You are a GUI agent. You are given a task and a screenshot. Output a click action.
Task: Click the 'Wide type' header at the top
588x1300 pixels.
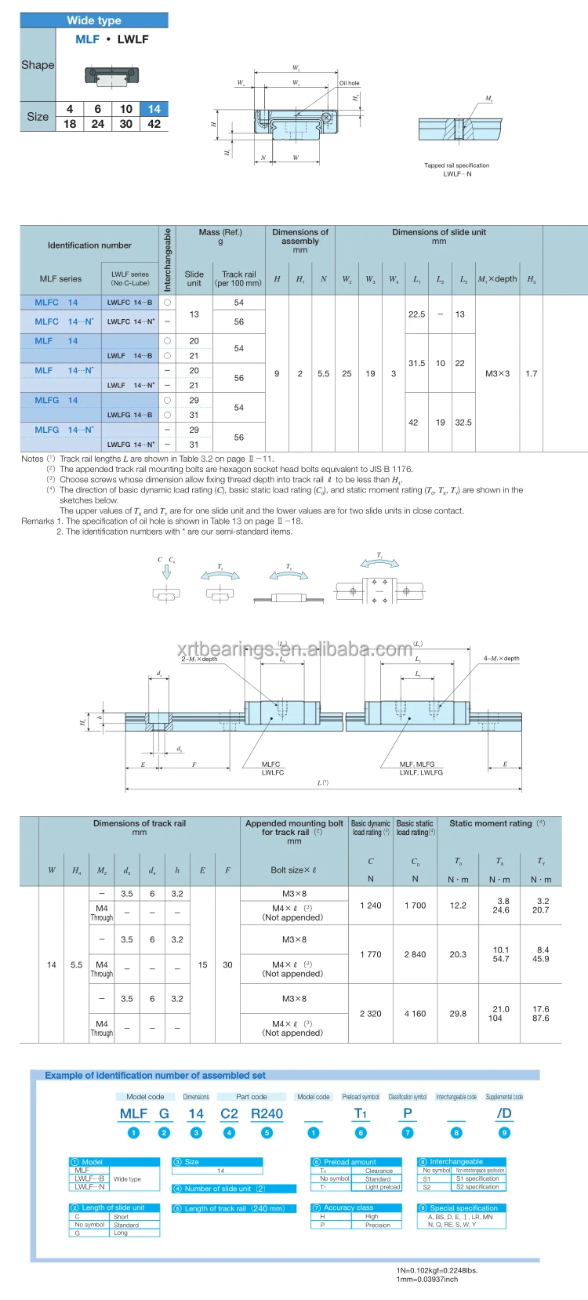pos(94,20)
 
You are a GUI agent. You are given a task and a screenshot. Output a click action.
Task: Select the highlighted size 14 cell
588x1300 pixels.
pos(154,109)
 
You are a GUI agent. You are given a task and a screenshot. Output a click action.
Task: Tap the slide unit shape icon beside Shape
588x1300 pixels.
pos(105,75)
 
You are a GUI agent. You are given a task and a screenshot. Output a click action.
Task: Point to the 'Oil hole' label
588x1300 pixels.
pos(349,83)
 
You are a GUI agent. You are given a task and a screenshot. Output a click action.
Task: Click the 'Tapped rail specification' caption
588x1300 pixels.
pos(456,165)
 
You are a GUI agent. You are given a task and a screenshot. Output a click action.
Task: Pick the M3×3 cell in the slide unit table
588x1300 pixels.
pos(497,373)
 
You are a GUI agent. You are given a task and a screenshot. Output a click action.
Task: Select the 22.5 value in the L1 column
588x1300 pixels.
pos(416,314)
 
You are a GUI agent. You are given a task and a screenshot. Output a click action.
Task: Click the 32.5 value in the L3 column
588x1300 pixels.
pos(463,422)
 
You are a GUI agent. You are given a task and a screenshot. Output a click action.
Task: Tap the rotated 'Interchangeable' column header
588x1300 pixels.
pos(167,260)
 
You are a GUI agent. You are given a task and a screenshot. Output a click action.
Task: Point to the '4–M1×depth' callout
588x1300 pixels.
pos(501,659)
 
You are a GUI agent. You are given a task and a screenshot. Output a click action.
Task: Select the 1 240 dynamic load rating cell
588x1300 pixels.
pos(370,905)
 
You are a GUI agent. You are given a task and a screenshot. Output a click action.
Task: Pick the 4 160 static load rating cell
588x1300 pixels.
pos(415,1013)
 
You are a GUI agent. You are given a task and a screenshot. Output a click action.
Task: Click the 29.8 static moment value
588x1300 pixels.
pos(458,1013)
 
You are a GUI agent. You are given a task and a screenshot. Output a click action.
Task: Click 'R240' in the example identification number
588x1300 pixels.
pos(267,1113)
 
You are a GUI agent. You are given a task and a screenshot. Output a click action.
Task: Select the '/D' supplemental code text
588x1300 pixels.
pos(503,1113)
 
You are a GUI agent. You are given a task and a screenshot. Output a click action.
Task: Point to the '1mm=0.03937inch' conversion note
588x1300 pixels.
pos(426,1279)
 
